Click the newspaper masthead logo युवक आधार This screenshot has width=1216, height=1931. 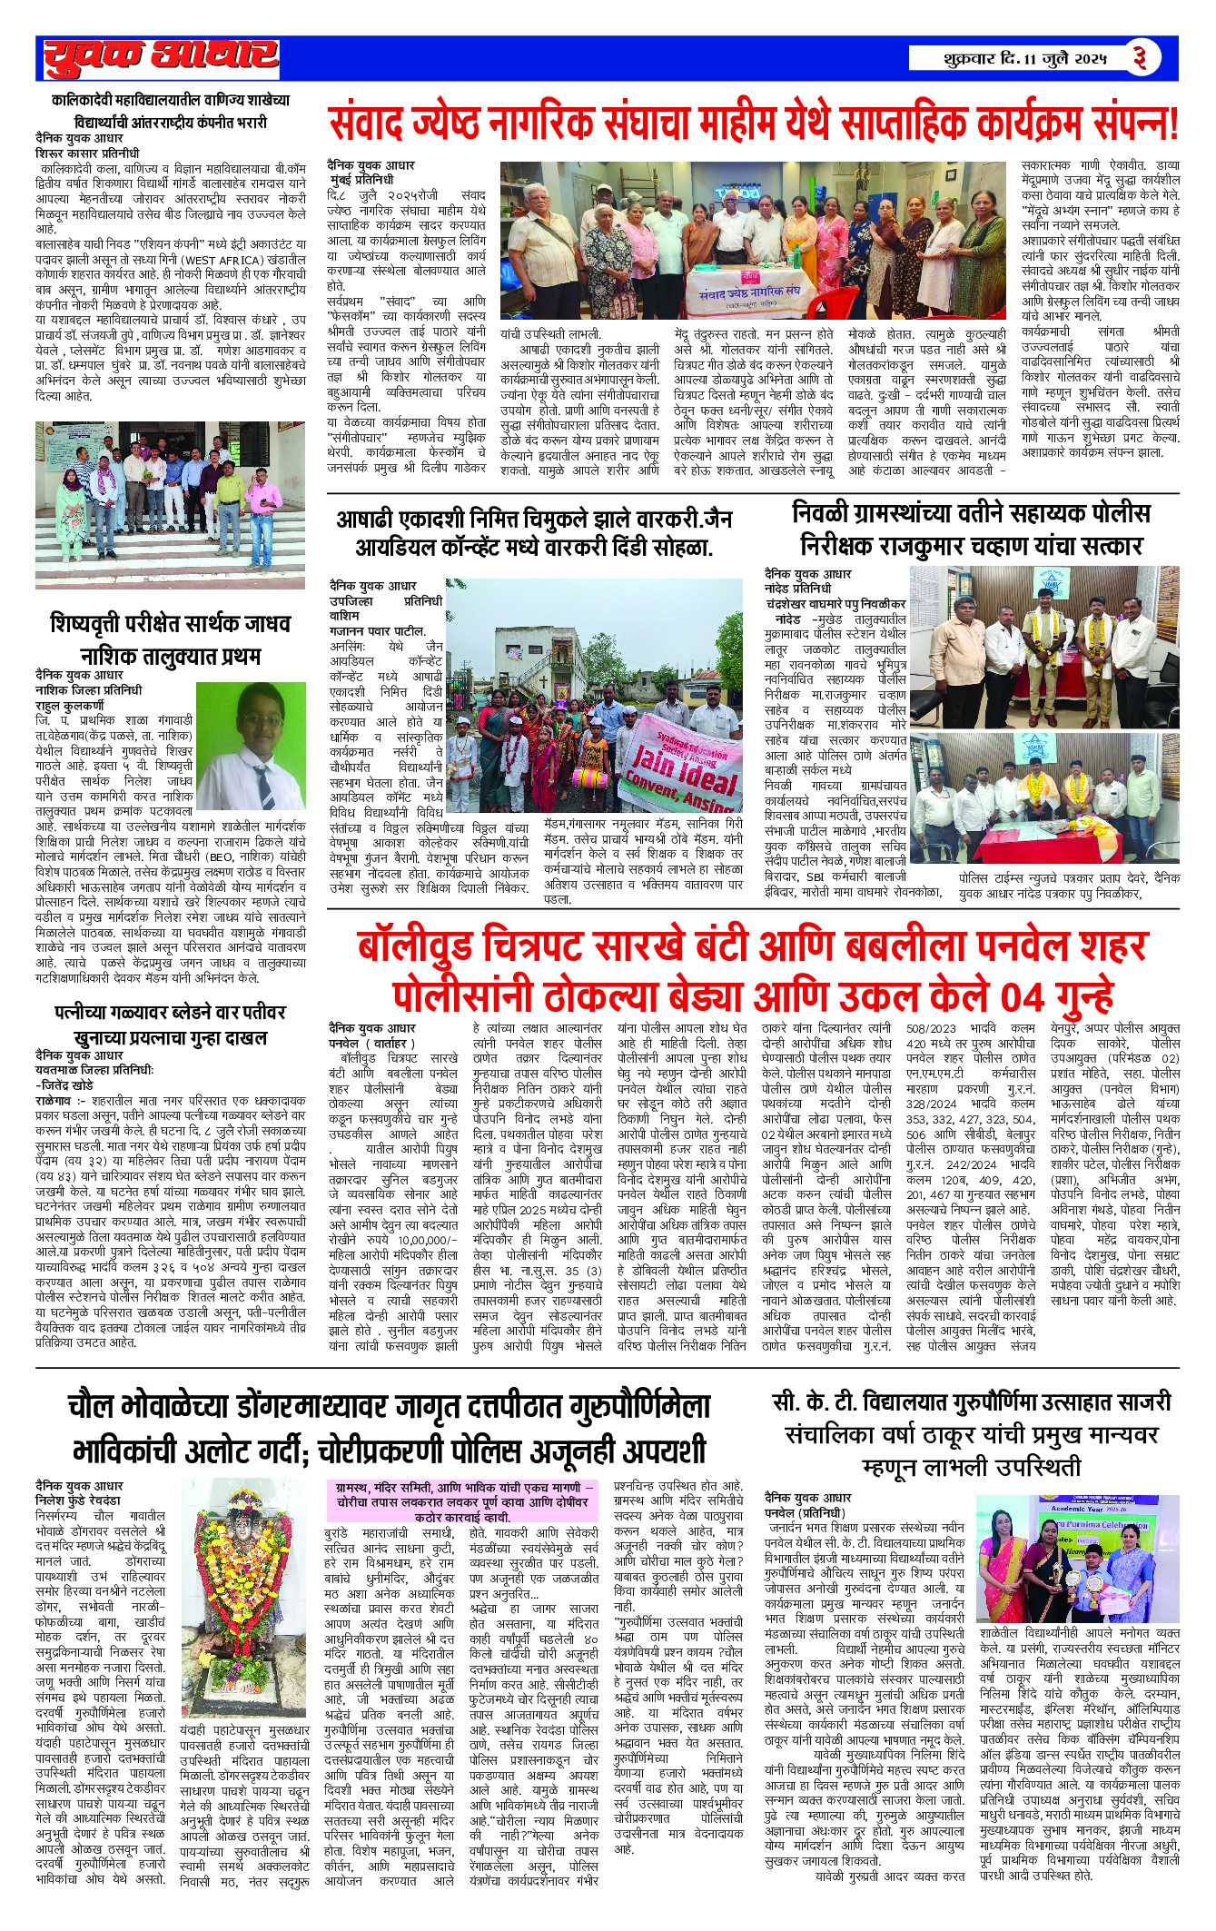[x=162, y=58]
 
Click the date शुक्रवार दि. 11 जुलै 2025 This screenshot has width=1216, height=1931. [x=1024, y=60]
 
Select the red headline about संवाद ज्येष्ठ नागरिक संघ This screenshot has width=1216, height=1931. [x=753, y=124]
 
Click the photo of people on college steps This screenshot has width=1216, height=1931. [x=171, y=506]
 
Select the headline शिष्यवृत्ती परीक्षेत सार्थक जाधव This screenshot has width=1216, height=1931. [x=171, y=639]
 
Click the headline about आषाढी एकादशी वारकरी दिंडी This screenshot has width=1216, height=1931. [x=534, y=533]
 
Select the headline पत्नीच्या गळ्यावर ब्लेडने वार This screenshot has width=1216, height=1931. [x=171, y=1025]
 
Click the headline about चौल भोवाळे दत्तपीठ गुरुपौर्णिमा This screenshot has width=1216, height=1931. [x=390, y=1425]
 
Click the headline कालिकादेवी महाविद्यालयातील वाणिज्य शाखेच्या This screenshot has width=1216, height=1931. [x=171, y=110]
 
